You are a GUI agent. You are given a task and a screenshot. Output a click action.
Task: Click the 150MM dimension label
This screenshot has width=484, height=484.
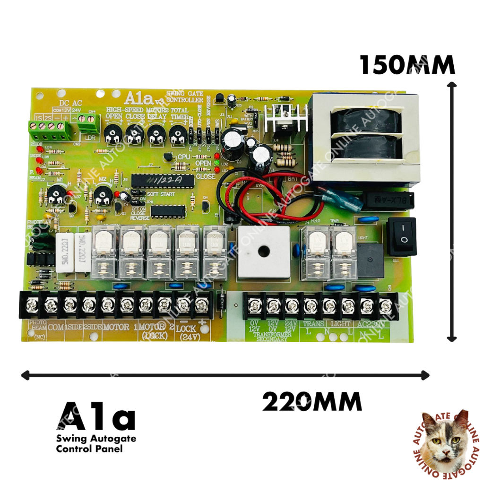(407, 65)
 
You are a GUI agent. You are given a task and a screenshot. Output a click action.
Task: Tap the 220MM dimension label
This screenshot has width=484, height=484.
(312, 403)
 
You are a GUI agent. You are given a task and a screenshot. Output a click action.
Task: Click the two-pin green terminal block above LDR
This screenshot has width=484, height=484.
(89, 124)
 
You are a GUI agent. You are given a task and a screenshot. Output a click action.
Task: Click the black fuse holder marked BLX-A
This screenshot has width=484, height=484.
(387, 199)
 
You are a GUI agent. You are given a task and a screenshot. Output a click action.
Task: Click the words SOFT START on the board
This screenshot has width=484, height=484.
(161, 194)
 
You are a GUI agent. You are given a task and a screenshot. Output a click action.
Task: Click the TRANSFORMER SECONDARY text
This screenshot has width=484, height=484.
(271, 337)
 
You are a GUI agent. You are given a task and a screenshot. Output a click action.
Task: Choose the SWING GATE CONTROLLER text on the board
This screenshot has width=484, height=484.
(185, 97)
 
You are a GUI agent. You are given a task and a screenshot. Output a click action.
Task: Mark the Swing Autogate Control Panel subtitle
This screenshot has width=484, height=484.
(96, 443)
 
